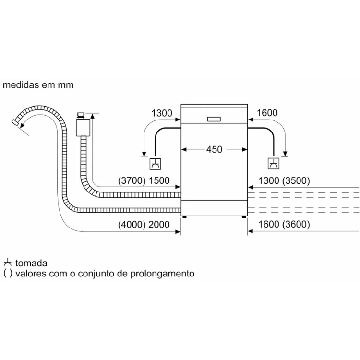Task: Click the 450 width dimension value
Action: click(x=214, y=149)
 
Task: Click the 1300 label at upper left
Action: click(x=161, y=113)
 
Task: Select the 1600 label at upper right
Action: click(x=267, y=113)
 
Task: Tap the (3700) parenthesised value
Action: click(x=131, y=181)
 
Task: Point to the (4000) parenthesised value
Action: click(x=131, y=225)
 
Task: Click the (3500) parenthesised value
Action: click(x=297, y=181)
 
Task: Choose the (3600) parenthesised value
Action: click(x=297, y=225)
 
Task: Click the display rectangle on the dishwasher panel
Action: click(x=214, y=119)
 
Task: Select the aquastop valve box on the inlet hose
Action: click(x=84, y=127)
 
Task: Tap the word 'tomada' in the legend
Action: click(x=31, y=263)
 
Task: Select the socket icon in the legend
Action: click(x=7, y=263)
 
